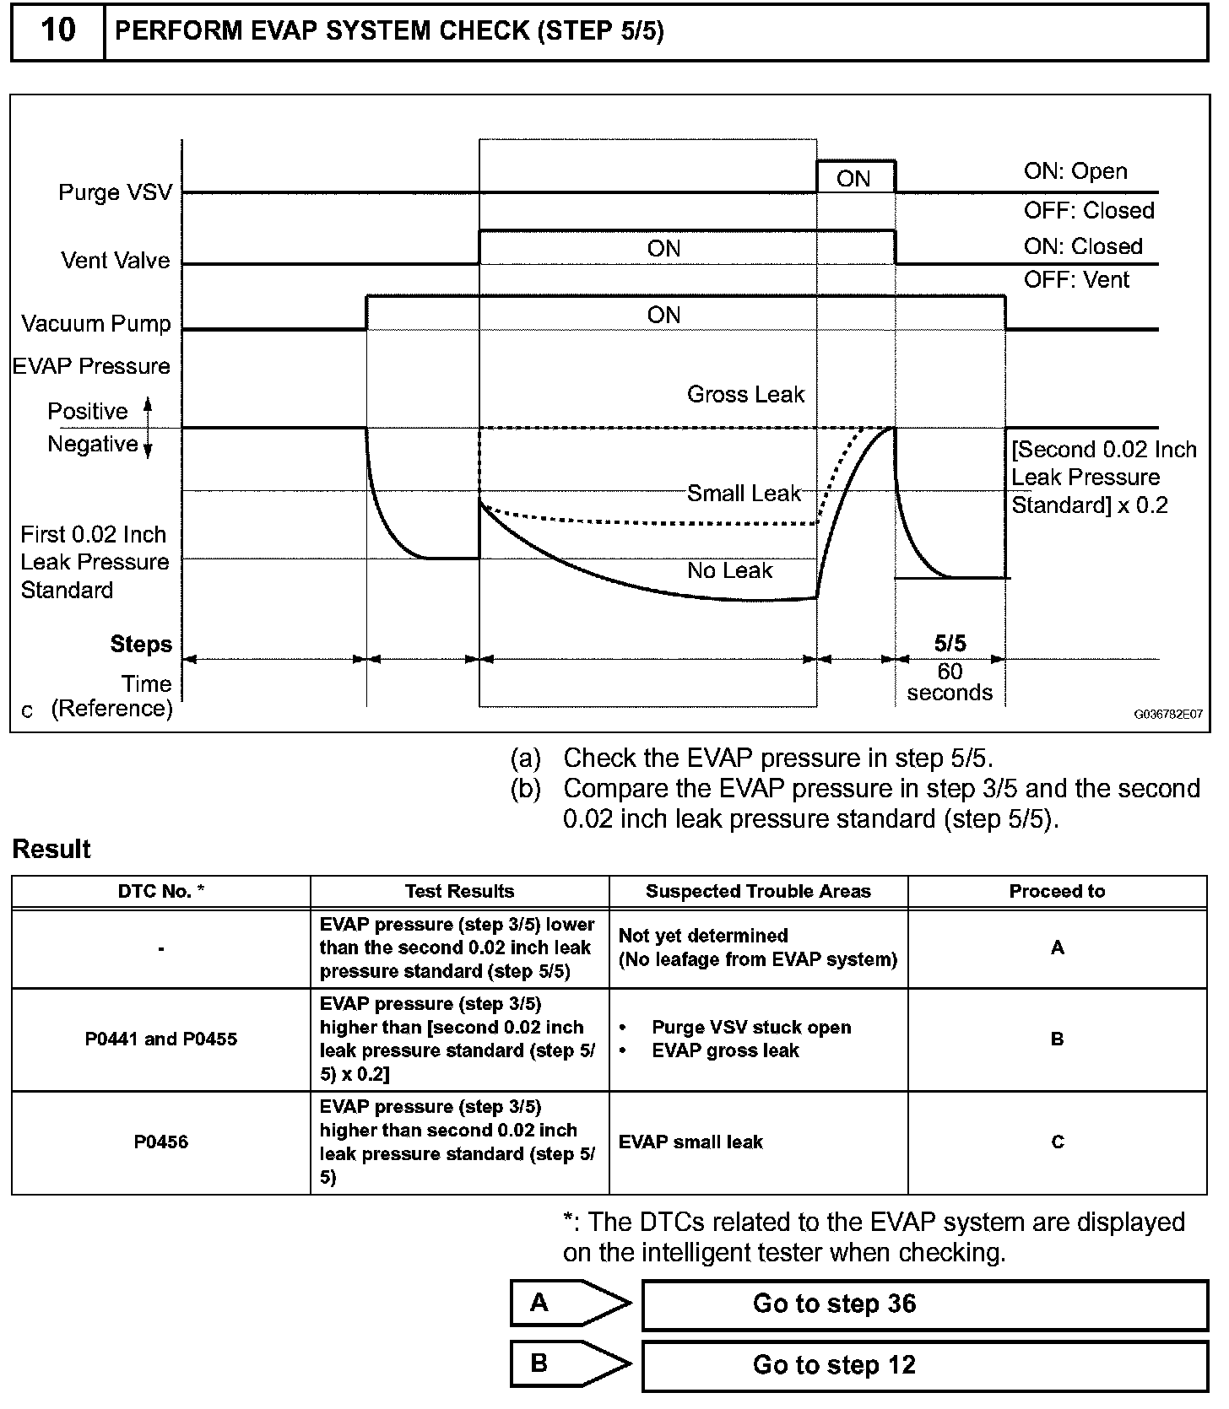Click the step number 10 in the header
[x=57, y=31]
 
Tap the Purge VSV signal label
[x=115, y=192]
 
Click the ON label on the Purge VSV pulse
[x=853, y=179]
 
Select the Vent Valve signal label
[x=116, y=261]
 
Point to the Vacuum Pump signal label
[x=96, y=324]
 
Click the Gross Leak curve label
[x=745, y=394]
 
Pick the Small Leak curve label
[x=743, y=494]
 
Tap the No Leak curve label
[x=729, y=571]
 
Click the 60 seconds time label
[x=950, y=683]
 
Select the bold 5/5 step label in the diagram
[x=950, y=644]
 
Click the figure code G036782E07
[x=1168, y=714]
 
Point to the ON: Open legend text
[x=1075, y=171]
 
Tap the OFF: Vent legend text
[x=1076, y=279]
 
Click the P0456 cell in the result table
[x=161, y=1142]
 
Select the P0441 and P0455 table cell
[x=161, y=1039]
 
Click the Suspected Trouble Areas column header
[x=758, y=892]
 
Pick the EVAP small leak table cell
[x=690, y=1142]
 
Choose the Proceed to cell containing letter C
[x=1058, y=1142]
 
